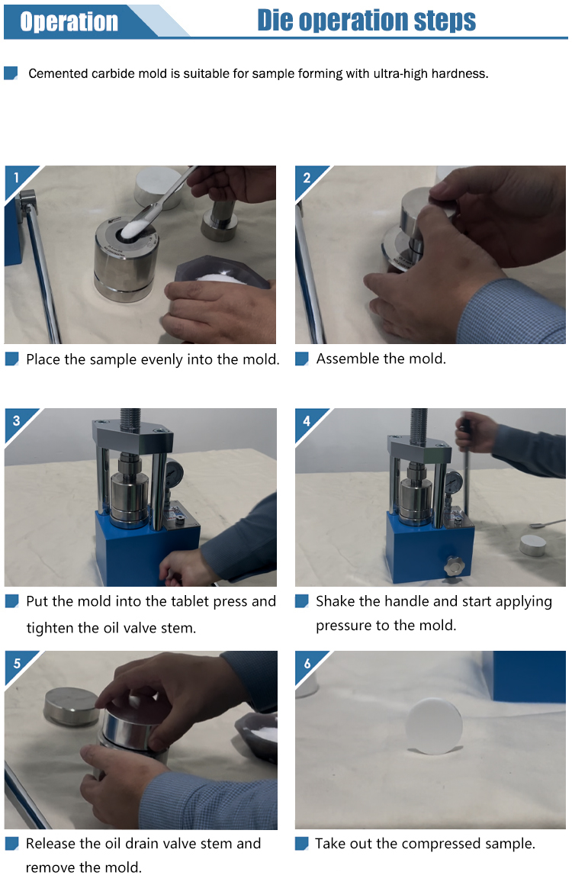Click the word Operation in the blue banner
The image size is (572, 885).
[69, 21]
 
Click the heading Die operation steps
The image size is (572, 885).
[366, 21]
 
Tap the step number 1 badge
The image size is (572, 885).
[16, 177]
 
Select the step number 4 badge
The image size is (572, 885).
[307, 420]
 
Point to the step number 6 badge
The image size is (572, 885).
[307, 663]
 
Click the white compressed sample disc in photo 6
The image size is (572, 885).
[435, 726]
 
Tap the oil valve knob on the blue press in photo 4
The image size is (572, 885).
[453, 565]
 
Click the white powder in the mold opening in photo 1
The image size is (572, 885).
[133, 228]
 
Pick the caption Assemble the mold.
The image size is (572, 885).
[381, 359]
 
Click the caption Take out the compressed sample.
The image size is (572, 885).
[425, 843]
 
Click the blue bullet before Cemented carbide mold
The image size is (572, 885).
[11, 72]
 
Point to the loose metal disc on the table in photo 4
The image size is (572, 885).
[532, 545]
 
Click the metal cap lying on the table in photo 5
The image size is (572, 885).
[72, 706]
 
